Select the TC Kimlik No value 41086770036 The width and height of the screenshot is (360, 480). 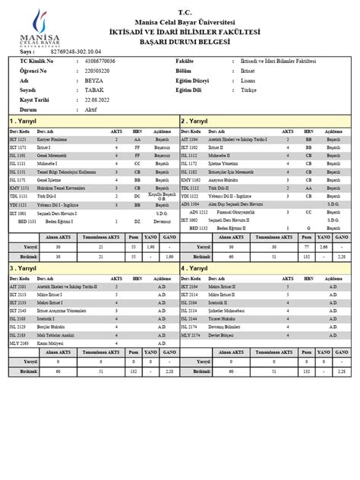coord(100,60)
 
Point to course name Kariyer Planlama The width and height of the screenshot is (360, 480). coord(51,140)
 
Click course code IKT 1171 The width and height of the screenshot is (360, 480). coord(17,147)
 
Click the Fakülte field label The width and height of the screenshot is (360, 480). coord(185,60)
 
